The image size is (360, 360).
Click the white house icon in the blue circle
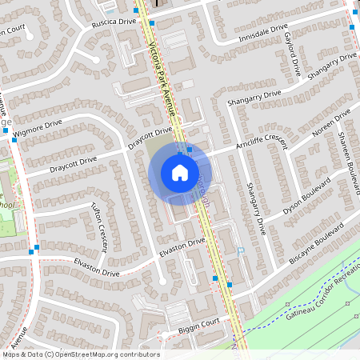pyautogui.click(x=180, y=172)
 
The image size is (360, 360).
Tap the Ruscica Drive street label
pyautogui.click(x=117, y=22)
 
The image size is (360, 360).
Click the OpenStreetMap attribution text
pyautogui.click(x=81, y=354)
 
